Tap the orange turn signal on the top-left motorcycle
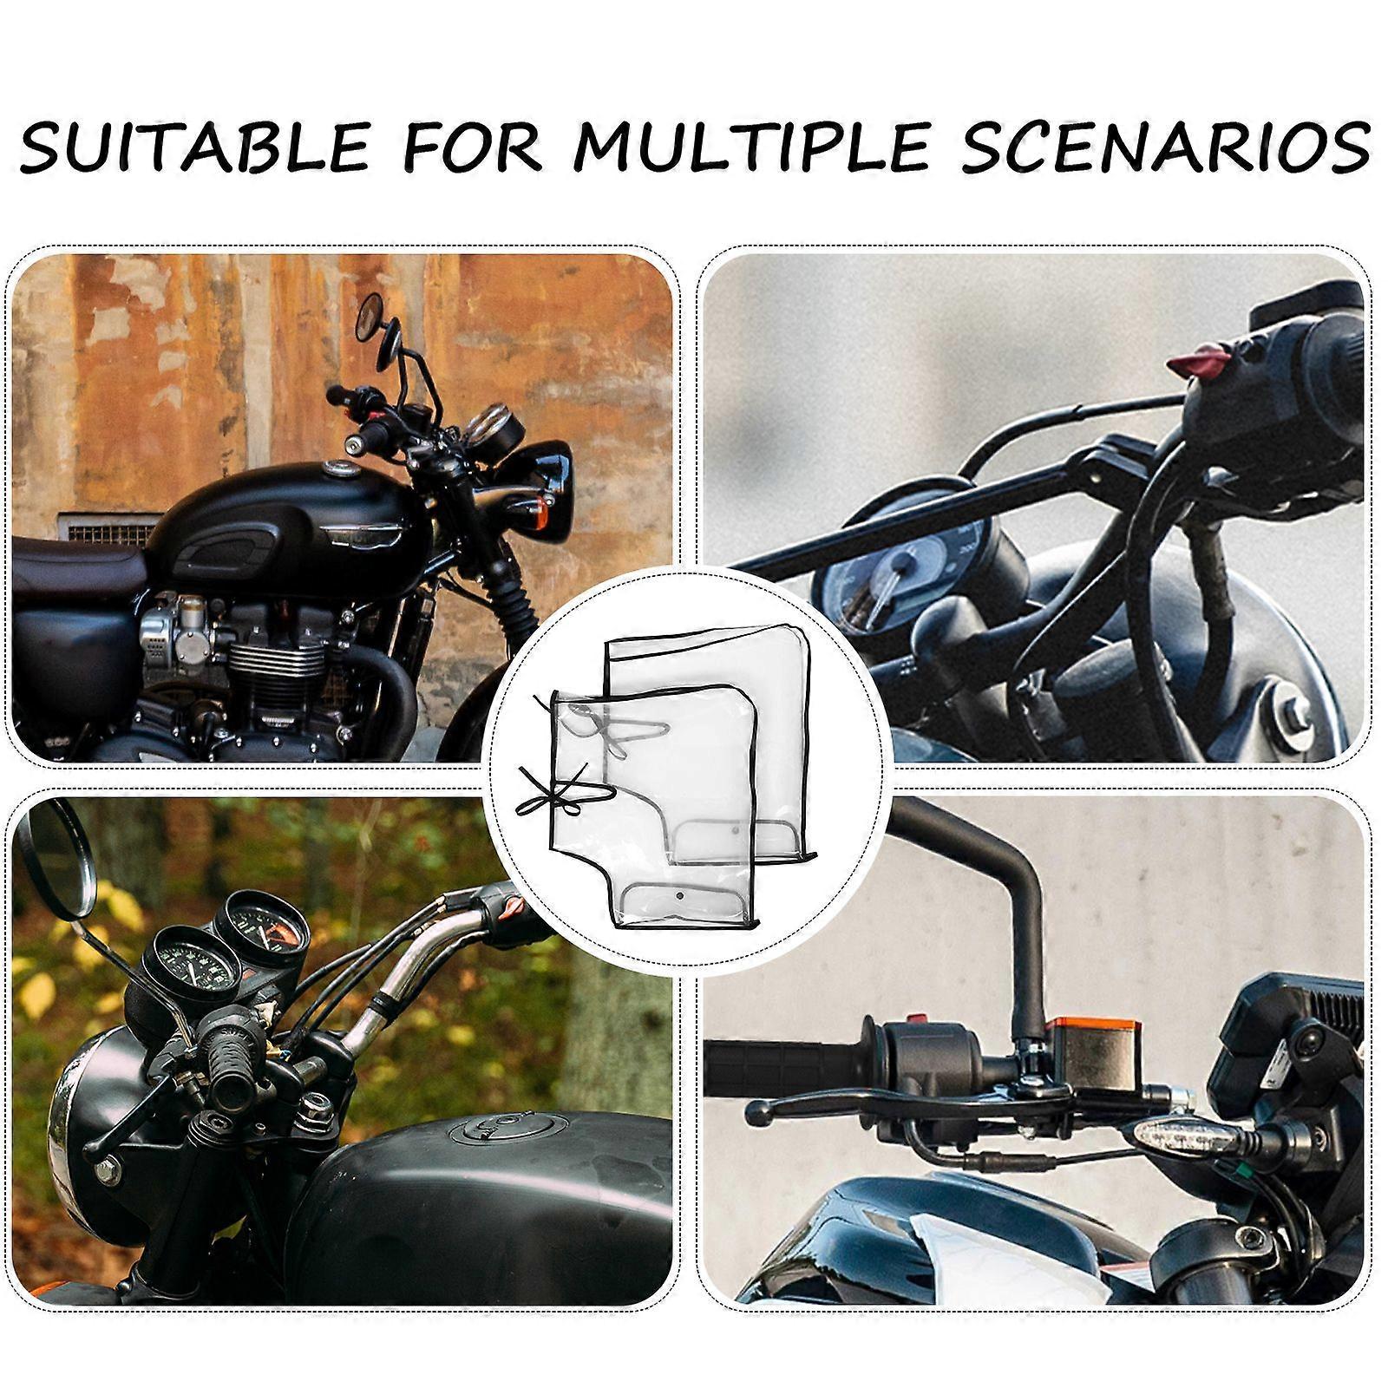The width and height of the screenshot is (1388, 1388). coord(545,512)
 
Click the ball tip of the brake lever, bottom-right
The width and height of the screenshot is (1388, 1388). coord(758,1112)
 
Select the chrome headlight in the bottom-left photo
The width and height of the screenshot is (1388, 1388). coord(65,1119)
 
